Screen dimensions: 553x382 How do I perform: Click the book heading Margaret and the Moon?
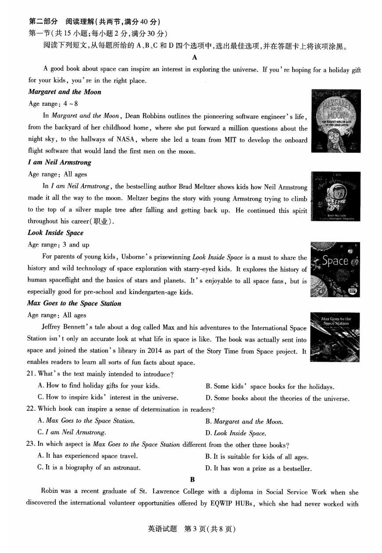pos(65,92)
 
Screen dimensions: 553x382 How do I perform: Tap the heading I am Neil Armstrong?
pos(60,162)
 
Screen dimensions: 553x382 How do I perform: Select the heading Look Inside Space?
pos(55,233)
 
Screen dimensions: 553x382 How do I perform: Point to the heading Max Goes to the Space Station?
pos(74,303)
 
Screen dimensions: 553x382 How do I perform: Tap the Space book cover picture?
pos(335,269)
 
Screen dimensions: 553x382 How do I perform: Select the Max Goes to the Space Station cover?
pos(335,337)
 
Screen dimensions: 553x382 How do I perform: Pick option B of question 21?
pos(270,387)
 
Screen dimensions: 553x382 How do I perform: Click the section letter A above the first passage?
pos(194,57)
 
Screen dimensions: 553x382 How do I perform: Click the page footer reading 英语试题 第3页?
pos(191,529)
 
